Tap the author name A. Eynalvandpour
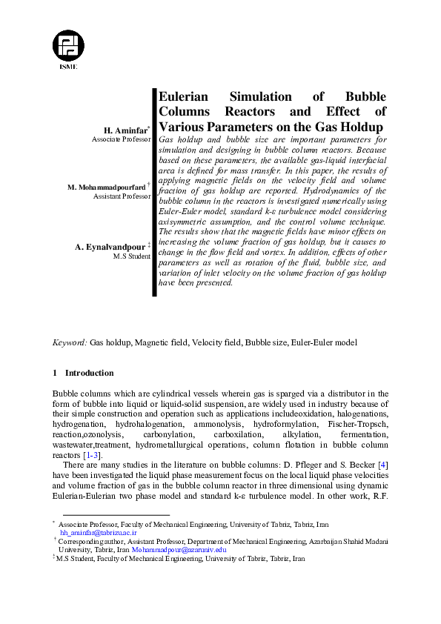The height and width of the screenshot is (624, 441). pyautogui.click(x=111, y=246)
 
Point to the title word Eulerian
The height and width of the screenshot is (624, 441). pyautogui.click(x=185, y=97)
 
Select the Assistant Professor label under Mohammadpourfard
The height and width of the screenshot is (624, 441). pyautogui.click(x=122, y=197)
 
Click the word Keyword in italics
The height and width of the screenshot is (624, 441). pyautogui.click(x=69, y=343)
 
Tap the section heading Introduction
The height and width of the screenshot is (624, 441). pyautogui.click(x=89, y=373)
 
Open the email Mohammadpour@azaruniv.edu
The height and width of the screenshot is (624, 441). pyautogui.click(x=179, y=550)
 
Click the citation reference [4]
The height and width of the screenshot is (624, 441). pyautogui.click(x=382, y=463)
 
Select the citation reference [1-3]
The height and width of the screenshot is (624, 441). pyautogui.click(x=92, y=454)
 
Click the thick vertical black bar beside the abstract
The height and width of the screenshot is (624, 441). pyautogui.click(x=155, y=193)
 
